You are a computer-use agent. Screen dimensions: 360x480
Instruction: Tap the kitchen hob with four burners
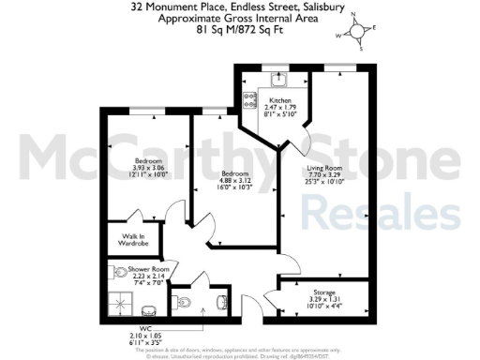pyautogui.click(x=250, y=96)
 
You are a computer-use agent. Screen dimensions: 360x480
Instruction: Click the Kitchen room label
pyautogui.click(x=281, y=100)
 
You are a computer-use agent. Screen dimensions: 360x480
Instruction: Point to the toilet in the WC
pyautogui.click(x=185, y=302)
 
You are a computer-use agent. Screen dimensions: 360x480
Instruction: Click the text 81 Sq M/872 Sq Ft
pyautogui.click(x=240, y=29)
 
